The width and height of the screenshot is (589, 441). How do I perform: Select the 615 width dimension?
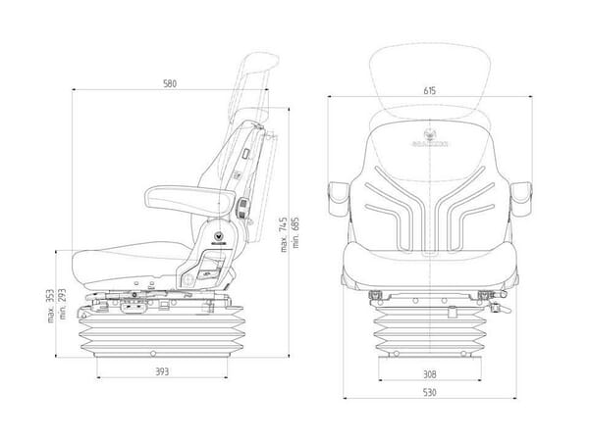coord(429,90)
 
